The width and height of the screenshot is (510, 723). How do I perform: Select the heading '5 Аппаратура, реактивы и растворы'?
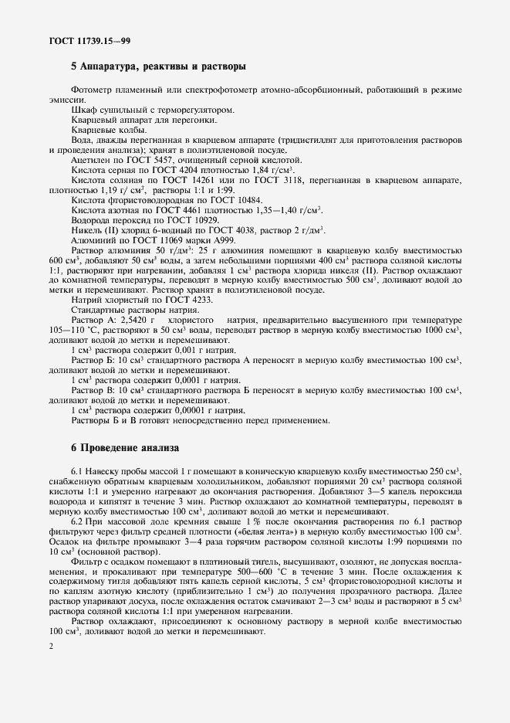[158, 66]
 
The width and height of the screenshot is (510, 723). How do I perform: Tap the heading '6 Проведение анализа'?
[124, 447]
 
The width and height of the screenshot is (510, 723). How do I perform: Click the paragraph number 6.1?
[77, 471]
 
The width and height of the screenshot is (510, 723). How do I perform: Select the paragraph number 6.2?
[77, 521]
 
